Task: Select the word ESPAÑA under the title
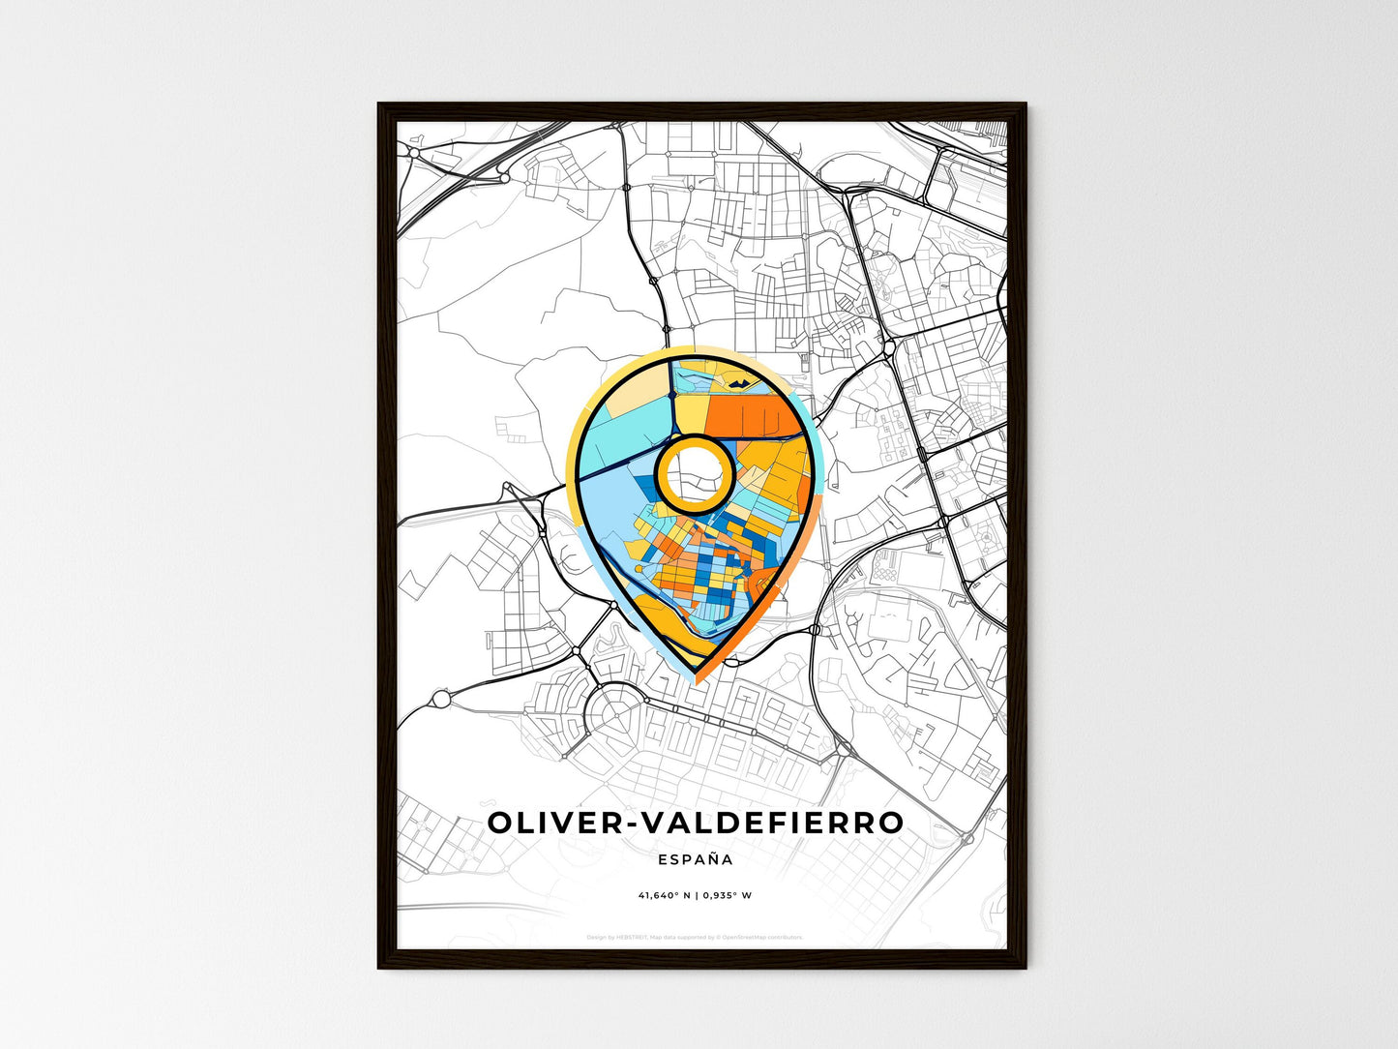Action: (x=695, y=859)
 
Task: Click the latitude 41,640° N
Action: (x=663, y=895)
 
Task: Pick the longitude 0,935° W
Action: (x=726, y=895)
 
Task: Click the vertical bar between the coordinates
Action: (x=695, y=895)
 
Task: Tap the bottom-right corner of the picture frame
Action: (x=1026, y=967)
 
